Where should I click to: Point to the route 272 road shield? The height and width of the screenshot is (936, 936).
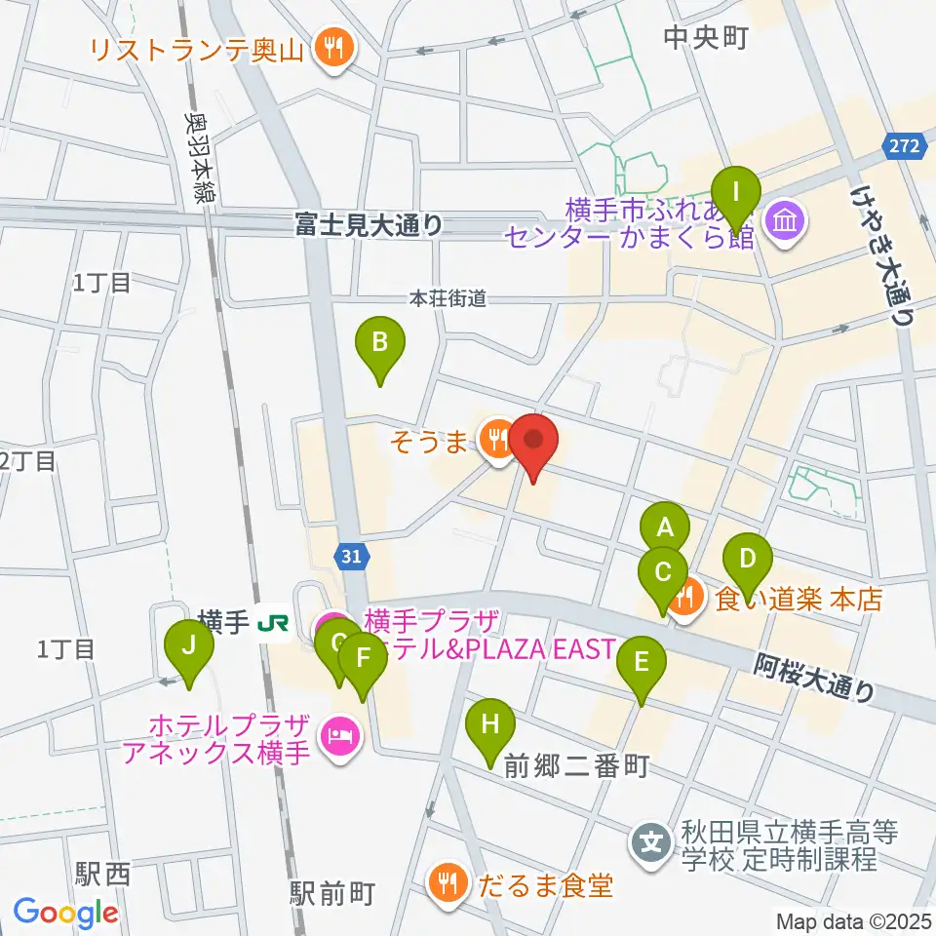(903, 145)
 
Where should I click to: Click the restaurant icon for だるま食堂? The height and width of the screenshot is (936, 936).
(448, 885)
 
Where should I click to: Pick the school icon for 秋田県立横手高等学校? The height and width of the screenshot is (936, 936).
(649, 839)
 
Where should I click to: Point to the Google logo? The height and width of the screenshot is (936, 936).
(65, 913)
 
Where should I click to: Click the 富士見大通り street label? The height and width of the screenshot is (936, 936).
(370, 226)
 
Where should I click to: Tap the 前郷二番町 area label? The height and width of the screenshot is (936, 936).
(576, 767)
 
